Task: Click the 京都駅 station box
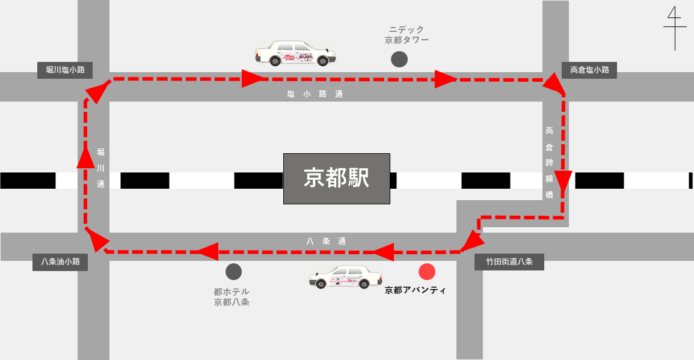[336, 178]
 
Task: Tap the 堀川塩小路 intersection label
[65, 70]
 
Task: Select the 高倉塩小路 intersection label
[589, 70]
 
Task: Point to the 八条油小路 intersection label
[60, 262]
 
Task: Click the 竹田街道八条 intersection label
[509, 262]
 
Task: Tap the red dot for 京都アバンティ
[427, 272]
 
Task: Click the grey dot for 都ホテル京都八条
[234, 272]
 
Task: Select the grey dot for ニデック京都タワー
[399, 59]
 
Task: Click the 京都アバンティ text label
[415, 290]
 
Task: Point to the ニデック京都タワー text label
[407, 35]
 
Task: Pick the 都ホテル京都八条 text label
[232, 297]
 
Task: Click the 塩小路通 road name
[315, 94]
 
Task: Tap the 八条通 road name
[326, 241]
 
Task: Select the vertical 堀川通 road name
[100, 168]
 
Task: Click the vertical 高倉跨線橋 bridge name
[549, 162]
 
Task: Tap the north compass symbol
[675, 28]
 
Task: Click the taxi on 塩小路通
[295, 53]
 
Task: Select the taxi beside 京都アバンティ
[346, 277]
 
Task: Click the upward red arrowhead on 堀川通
[85, 157]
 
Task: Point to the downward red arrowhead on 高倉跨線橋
[563, 182]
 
